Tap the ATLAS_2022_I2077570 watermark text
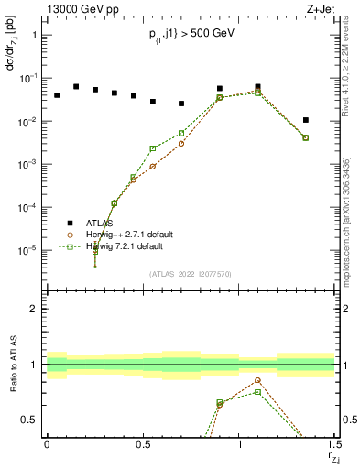click(191, 272)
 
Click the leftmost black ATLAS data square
click(57, 95)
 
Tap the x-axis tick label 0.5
click(143, 443)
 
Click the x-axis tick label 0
click(47, 443)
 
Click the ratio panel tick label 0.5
click(30, 420)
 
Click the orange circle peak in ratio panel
click(257, 380)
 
